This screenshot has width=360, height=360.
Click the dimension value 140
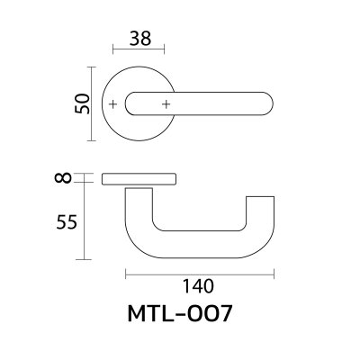coord(198,288)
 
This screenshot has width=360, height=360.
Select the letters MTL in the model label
coord(160,317)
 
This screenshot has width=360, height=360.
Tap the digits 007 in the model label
coord(219,317)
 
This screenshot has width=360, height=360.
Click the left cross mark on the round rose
coord(112,105)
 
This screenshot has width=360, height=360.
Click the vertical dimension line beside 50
coord(91,103)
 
